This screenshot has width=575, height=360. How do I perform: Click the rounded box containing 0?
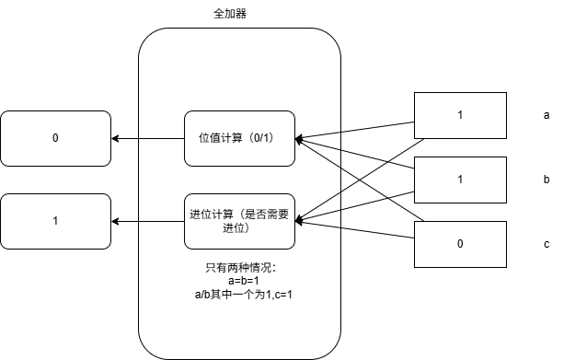pos(55,138)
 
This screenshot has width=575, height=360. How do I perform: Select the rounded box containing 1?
pos(55,221)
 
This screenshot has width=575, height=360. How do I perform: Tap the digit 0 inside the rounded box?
pos(55,138)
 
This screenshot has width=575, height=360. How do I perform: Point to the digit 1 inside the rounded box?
pos(55,221)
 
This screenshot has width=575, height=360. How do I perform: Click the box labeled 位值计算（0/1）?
pos(239,138)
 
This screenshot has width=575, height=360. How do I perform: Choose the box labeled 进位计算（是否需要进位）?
pos(239,221)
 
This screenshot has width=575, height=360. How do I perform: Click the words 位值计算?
pos(220,138)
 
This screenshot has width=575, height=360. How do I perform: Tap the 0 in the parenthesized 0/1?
pos(259,138)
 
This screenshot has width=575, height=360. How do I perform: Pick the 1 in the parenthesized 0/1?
pos(270,138)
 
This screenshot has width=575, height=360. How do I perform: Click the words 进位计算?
pos(211,215)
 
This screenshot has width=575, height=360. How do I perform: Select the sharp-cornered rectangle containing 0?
pos(460,244)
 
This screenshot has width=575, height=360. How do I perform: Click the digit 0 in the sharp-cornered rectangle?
pos(460,244)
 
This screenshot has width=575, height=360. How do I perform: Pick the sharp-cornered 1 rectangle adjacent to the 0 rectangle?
pos(460,180)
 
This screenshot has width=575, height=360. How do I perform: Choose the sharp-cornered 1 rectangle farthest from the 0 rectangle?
pos(460,115)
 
